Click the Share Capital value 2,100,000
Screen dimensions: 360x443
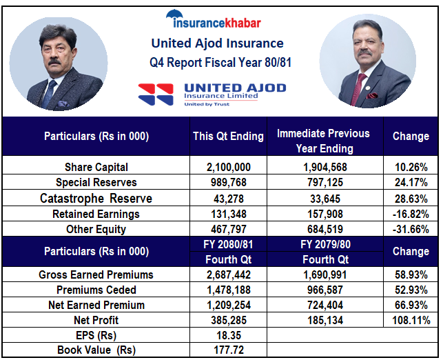point(228,167)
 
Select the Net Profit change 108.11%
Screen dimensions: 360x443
point(411,321)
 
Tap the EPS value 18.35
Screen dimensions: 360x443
point(228,336)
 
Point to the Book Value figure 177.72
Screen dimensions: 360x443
point(228,350)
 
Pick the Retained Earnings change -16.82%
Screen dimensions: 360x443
point(411,214)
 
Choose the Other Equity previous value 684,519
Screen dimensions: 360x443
point(323,229)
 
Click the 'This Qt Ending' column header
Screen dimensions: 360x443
point(228,136)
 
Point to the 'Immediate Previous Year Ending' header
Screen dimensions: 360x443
point(323,140)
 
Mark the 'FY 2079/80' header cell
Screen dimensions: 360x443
point(323,244)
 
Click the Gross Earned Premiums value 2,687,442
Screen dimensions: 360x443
point(228,274)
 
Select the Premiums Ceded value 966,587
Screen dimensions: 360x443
point(323,290)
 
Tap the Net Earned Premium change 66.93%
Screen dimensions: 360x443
point(411,305)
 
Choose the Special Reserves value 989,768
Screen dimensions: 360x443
point(228,183)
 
